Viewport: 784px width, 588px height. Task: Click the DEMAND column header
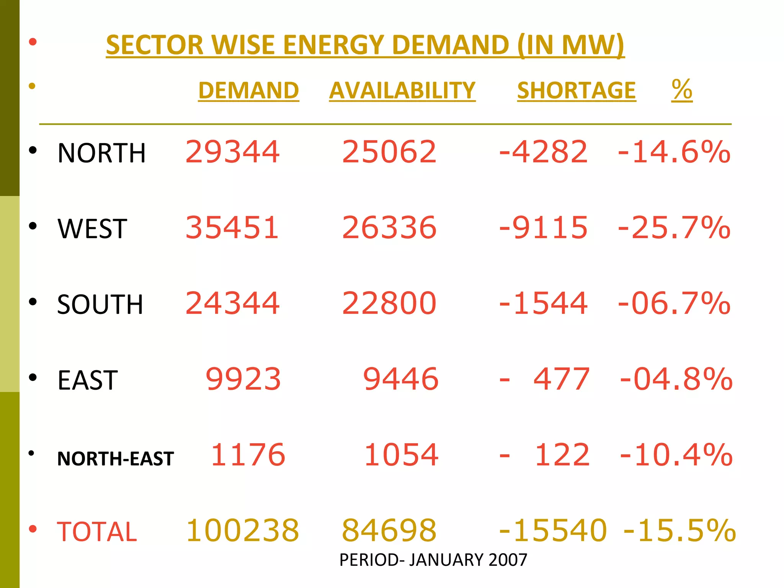point(248,91)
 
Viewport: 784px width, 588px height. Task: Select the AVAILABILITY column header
point(402,91)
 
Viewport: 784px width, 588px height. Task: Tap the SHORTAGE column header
point(576,91)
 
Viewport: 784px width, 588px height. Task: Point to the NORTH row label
point(101,153)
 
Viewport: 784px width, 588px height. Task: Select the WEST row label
point(92,229)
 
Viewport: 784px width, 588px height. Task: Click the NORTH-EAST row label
point(115,459)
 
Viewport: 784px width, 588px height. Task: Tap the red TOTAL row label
point(97,532)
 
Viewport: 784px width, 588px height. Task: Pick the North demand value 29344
point(232,152)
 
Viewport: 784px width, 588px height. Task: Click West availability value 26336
point(389,228)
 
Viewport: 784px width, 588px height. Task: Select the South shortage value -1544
point(543,303)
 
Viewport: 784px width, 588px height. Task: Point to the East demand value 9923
point(243,379)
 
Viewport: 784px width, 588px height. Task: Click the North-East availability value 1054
point(401,455)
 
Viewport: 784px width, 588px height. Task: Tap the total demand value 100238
point(242,531)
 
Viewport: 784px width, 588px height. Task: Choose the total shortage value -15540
point(553,531)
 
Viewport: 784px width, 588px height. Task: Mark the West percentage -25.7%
point(674,228)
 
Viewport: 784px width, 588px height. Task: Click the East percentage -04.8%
point(676,379)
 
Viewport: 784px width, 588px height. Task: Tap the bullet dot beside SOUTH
point(33,302)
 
